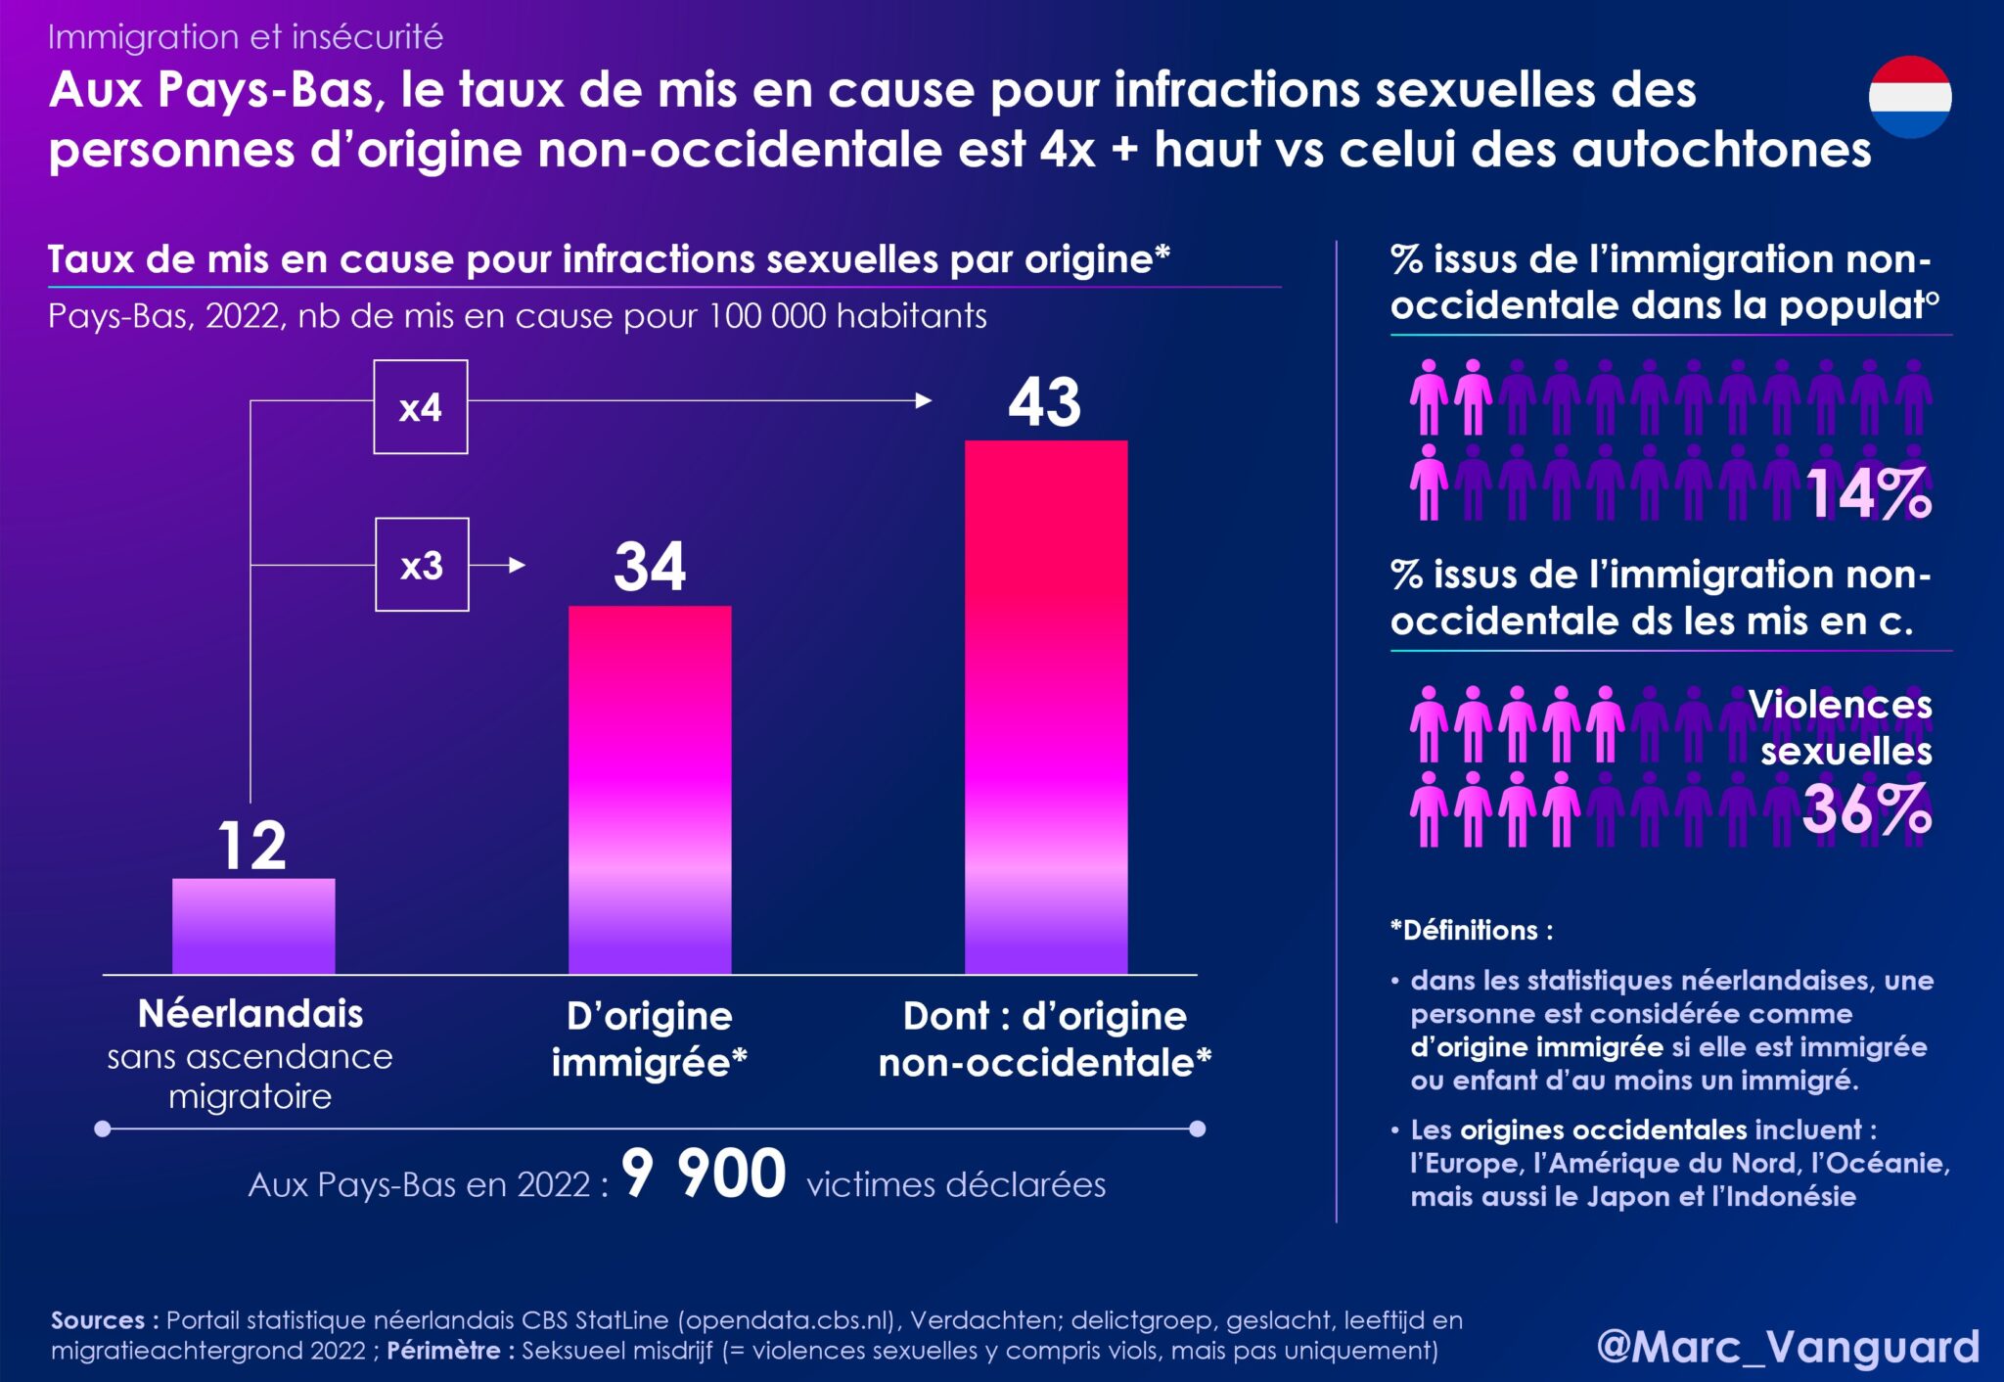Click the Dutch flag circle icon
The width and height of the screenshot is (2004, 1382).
[1910, 97]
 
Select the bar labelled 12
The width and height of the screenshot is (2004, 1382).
[253, 925]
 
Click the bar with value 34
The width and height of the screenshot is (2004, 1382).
[650, 789]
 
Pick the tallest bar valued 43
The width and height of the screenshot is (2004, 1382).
[1046, 707]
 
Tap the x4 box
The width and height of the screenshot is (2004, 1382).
[421, 407]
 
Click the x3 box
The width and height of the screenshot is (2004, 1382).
[422, 565]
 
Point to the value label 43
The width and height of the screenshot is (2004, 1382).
[1045, 401]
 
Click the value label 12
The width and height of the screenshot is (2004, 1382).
[252, 846]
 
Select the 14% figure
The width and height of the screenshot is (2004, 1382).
[1868, 492]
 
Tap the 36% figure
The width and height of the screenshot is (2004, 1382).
[1866, 808]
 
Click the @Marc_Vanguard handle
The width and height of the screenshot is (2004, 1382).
[1788, 1347]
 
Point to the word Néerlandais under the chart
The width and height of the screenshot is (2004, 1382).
[250, 1014]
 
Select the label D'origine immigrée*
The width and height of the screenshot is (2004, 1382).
[649, 1039]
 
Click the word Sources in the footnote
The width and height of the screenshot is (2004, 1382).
[98, 1320]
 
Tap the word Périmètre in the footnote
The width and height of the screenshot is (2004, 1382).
[443, 1351]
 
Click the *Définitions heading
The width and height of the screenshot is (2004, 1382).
[1471, 930]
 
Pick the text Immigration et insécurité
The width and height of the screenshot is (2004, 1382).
[246, 37]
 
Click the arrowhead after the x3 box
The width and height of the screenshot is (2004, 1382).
[518, 565]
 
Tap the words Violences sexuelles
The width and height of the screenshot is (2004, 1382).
[1842, 727]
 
